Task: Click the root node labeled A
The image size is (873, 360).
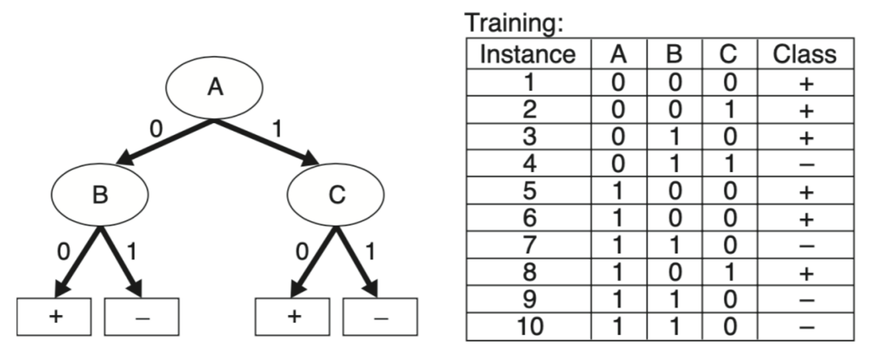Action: pos(214,87)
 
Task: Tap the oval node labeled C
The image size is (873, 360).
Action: pos(336,194)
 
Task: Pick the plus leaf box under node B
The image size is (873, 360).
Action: pos(54,317)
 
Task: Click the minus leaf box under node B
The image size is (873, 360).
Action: pos(142,317)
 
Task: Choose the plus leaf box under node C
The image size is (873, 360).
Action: pos(292,317)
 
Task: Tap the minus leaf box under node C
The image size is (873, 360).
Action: pos(380,317)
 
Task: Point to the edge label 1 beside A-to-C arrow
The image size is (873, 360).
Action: pos(277,129)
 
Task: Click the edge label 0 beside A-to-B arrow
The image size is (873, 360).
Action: pos(156,129)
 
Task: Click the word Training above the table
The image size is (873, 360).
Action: pos(514,23)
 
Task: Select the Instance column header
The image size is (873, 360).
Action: pos(528,54)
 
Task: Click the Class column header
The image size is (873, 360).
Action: pos(804,54)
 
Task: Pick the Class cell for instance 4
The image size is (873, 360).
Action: pos(806,164)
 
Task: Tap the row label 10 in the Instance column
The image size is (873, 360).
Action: pos(529,326)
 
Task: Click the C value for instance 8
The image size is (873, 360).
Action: pos(729,273)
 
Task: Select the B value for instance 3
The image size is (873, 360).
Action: pos(674,137)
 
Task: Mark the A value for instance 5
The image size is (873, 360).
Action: pos(618,191)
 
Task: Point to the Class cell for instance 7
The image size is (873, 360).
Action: pos(806,246)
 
